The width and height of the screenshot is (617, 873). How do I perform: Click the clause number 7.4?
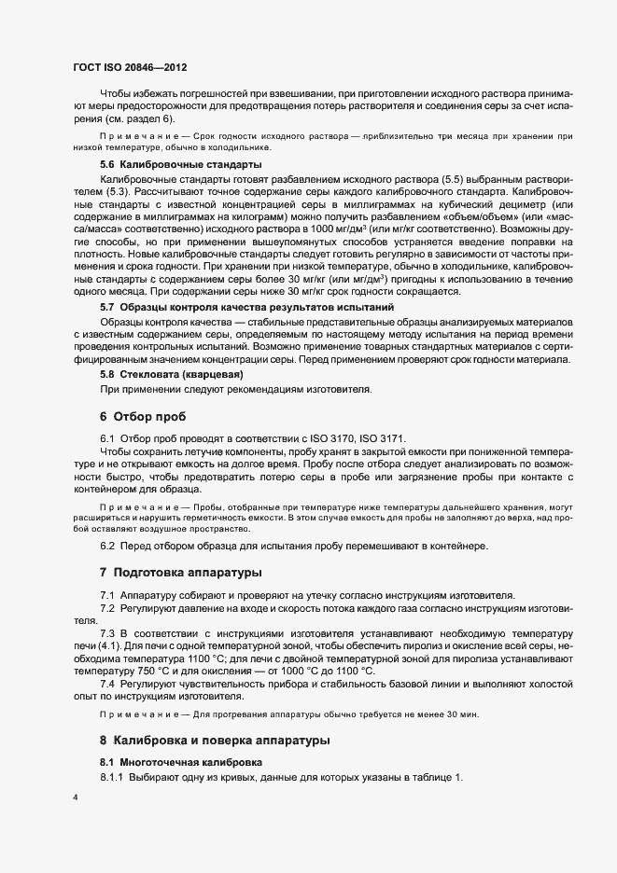(108, 685)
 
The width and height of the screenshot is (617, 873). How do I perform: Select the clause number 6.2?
(108, 545)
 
